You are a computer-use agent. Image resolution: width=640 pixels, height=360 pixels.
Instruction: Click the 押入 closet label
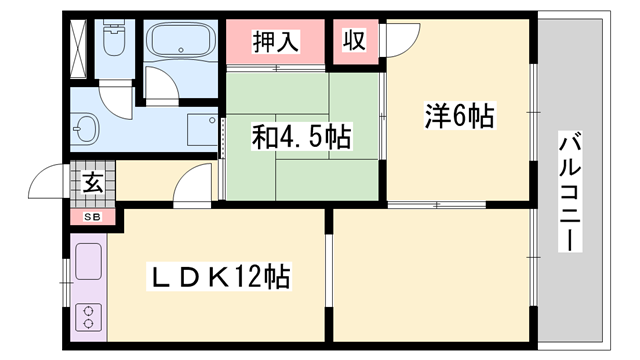(x=274, y=41)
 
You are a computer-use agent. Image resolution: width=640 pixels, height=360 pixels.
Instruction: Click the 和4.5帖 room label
(x=301, y=136)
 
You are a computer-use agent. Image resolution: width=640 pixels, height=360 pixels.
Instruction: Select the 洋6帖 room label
(x=459, y=117)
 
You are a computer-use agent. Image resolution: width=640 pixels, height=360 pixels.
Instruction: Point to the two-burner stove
(x=88, y=318)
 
